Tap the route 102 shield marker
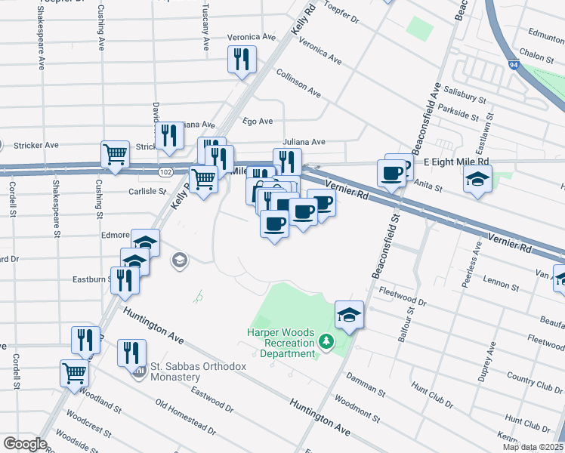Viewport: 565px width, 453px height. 165,172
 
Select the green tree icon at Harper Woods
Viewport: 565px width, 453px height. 326,342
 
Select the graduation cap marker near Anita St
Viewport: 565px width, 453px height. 477,179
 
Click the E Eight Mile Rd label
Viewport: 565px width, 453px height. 456,162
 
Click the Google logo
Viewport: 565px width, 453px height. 25,444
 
